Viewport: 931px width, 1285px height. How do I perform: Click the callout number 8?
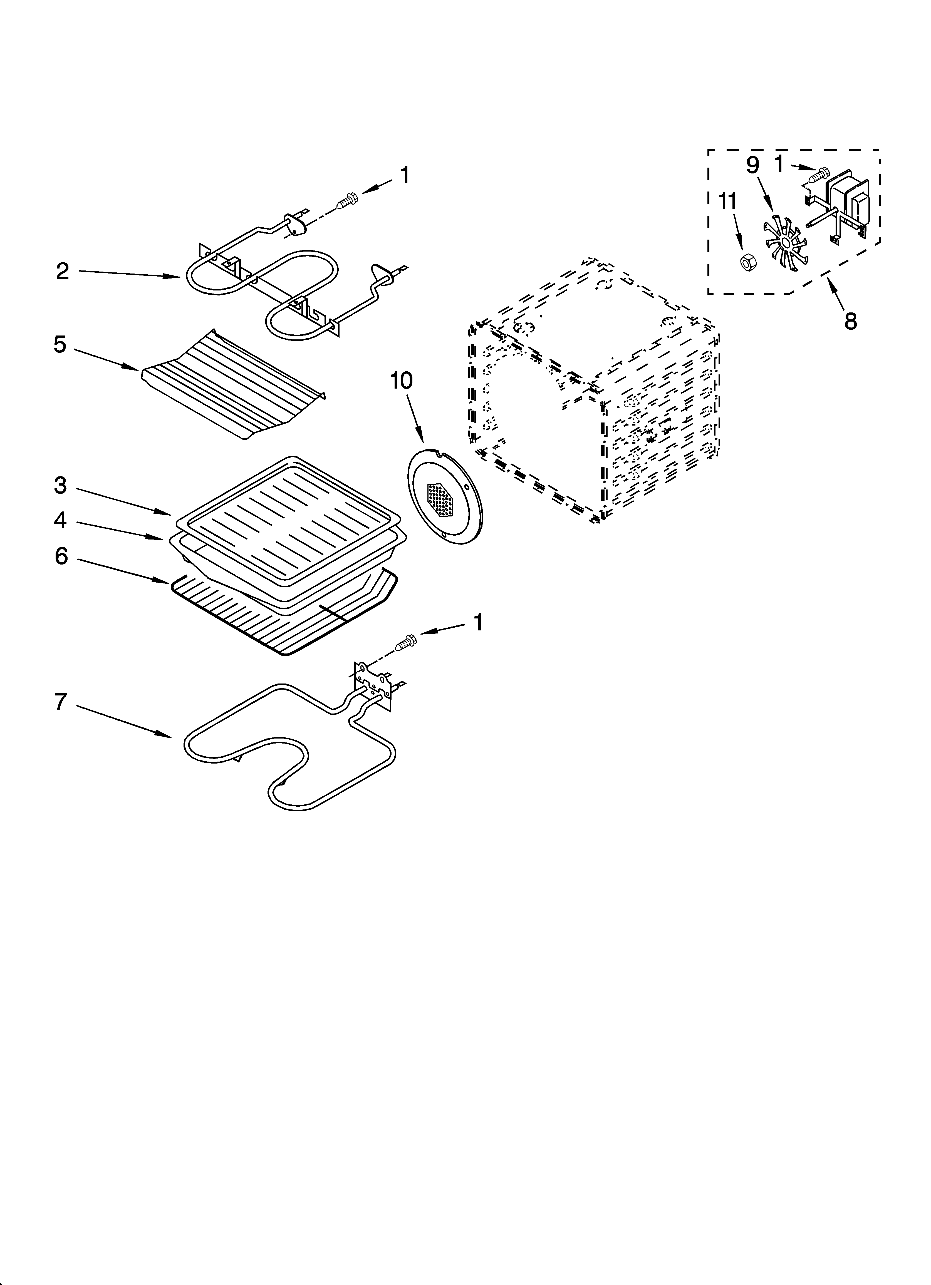tap(850, 321)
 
